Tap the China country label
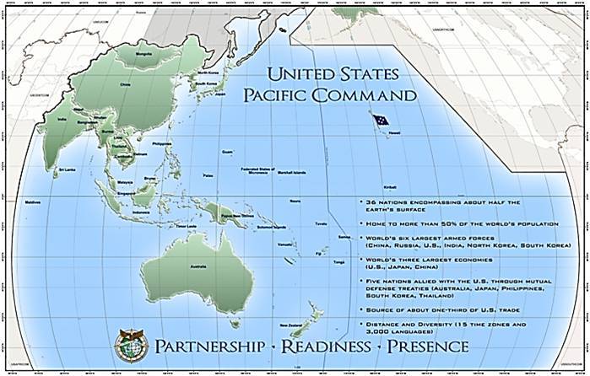(127, 84)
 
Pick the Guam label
(226, 152)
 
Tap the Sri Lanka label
(62, 170)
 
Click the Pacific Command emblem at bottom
(130, 346)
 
